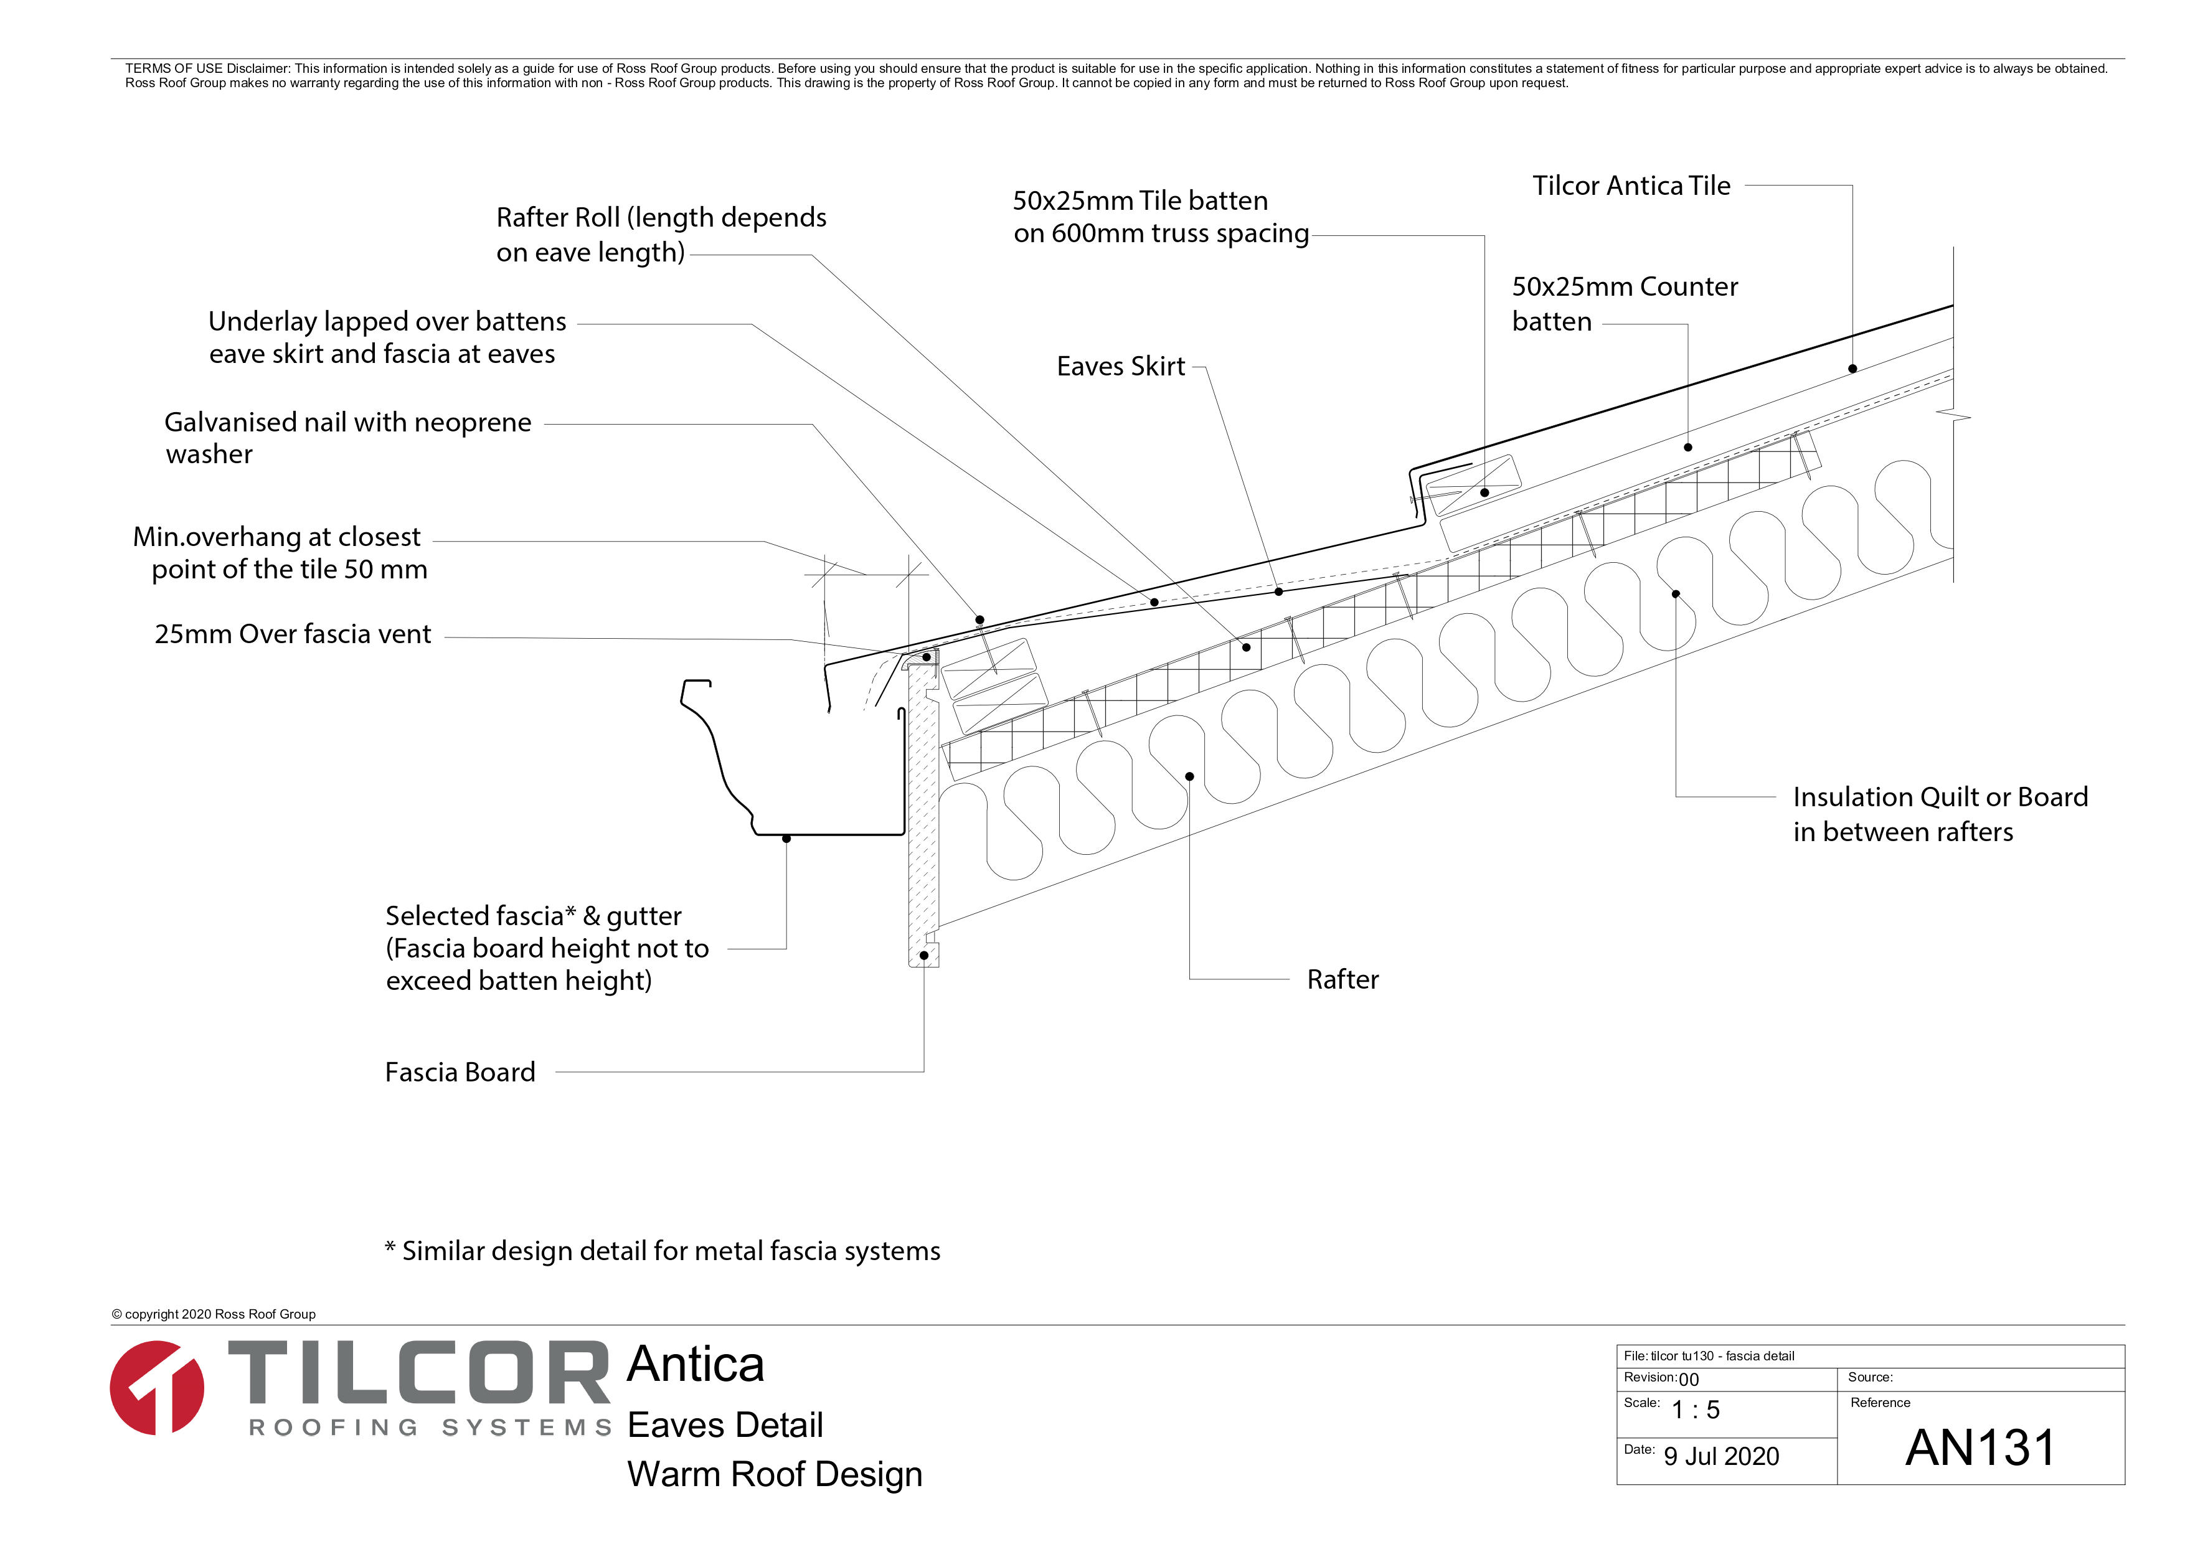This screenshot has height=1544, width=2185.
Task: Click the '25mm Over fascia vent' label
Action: [x=292, y=634]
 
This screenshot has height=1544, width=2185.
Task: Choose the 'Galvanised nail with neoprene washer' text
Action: [x=347, y=438]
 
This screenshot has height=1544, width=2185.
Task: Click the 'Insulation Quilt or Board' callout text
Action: [x=1940, y=813]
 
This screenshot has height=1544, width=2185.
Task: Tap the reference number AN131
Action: [x=1980, y=1448]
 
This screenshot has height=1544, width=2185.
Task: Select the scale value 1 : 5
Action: [x=1696, y=1410]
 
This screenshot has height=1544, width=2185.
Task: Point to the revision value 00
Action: [x=1688, y=1380]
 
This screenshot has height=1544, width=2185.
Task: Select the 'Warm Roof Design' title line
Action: [x=775, y=1474]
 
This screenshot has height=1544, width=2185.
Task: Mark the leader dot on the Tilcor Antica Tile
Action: [x=1852, y=369]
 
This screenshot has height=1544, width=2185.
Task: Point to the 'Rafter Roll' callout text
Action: [x=661, y=234]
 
